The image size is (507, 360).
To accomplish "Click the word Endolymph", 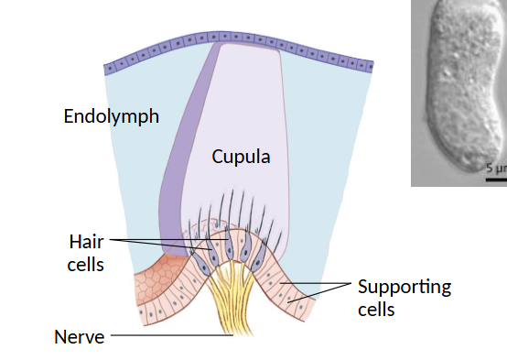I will click(x=111, y=116).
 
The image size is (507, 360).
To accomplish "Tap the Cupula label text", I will click(x=241, y=157).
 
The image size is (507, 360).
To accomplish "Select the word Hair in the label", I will click(x=86, y=243).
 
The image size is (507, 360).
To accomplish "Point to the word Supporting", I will click(x=404, y=287).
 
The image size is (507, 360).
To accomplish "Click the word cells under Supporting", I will click(x=375, y=309).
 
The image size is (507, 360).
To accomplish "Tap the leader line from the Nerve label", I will click(x=169, y=336).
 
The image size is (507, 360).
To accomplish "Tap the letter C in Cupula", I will click(x=218, y=157).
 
